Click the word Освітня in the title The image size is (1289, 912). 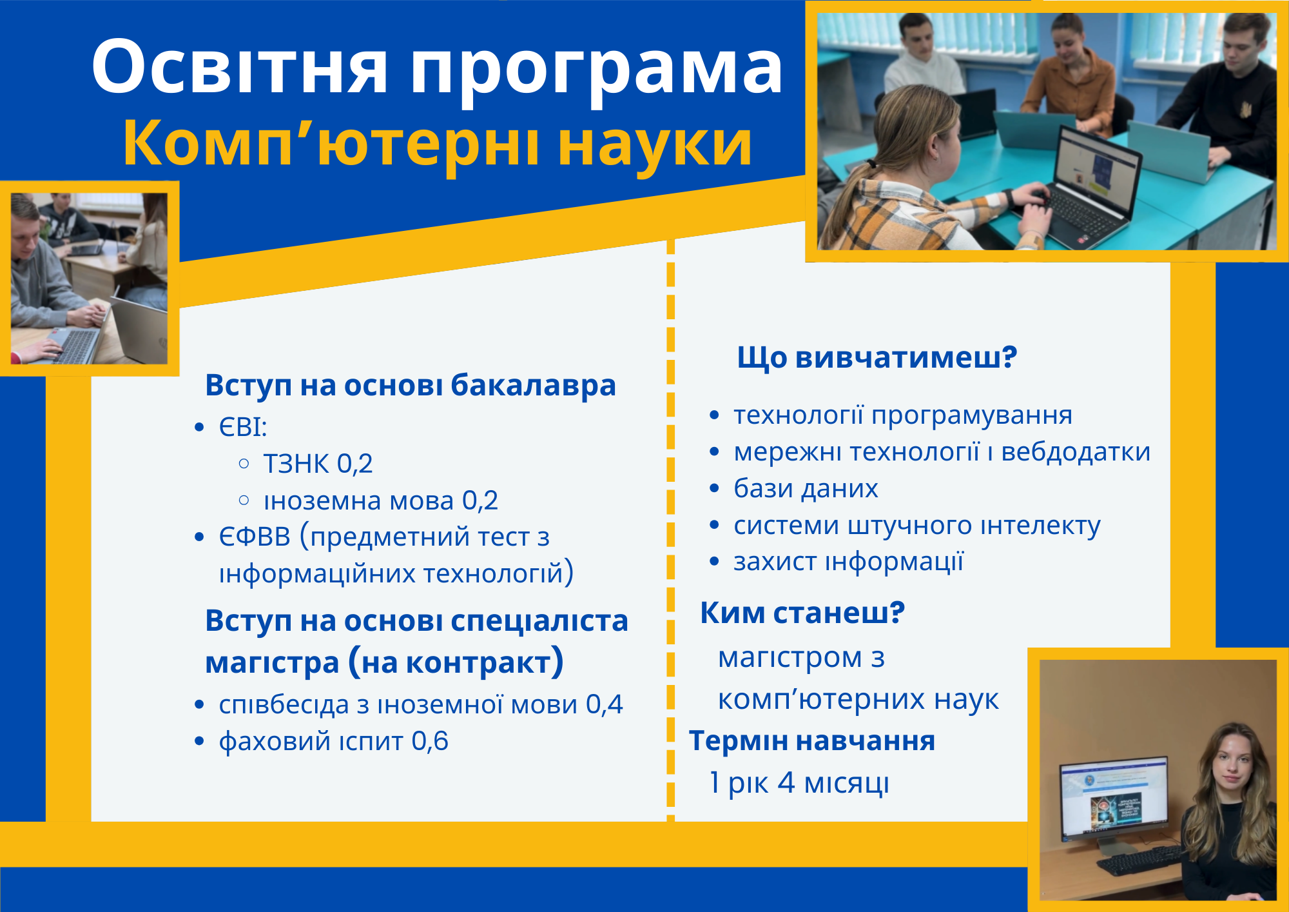(240, 67)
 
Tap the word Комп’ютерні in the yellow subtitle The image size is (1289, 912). (331, 143)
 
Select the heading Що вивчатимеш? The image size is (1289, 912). (877, 357)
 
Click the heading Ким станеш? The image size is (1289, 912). (802, 612)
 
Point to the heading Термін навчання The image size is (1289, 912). (812, 741)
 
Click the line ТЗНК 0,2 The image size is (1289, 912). (318, 464)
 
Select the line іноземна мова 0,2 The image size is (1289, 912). (381, 501)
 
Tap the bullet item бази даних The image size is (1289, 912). (806, 489)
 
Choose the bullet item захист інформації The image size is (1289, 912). (848, 562)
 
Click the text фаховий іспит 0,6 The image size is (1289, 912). (333, 741)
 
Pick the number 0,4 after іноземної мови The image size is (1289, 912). (604, 704)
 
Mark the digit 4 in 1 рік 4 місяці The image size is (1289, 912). (786, 782)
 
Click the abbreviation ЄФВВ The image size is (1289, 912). (255, 537)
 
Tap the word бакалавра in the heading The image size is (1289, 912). (533, 386)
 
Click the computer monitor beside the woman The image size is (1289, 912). (1113, 798)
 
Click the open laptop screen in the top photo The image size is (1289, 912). (1096, 169)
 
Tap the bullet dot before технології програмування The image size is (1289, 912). (714, 416)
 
